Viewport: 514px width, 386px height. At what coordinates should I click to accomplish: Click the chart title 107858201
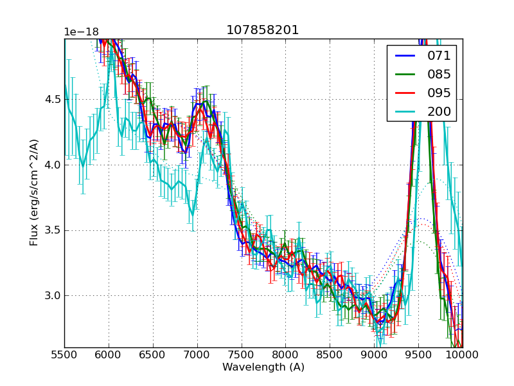point(262,30)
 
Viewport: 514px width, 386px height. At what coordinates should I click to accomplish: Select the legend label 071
point(439,55)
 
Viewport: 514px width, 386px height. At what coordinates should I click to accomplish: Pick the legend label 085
point(439,74)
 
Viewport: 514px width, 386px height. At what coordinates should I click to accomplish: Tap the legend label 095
point(439,93)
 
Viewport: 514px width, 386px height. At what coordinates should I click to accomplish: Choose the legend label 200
point(439,111)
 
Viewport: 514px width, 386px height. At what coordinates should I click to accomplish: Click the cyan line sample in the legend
point(405,111)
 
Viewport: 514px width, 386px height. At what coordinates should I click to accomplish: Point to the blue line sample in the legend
point(405,55)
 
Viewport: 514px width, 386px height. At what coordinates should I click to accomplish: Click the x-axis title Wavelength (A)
point(263,367)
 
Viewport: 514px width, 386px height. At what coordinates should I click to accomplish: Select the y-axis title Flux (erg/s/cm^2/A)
point(34,192)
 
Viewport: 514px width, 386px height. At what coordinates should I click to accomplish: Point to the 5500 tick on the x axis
point(64,355)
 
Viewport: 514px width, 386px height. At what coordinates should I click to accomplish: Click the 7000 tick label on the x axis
point(197,355)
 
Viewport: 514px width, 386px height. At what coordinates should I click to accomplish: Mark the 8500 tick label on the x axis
point(330,355)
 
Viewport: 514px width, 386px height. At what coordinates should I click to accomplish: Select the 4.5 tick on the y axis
point(51,99)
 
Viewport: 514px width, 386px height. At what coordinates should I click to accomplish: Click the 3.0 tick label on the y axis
point(51,296)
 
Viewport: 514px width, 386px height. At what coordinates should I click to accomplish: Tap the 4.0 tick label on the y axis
point(51,165)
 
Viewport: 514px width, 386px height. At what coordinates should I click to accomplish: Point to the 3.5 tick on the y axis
point(51,230)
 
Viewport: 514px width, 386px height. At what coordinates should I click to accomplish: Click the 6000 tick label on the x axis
point(109,355)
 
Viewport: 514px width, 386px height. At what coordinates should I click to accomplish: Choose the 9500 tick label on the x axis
point(418,355)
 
